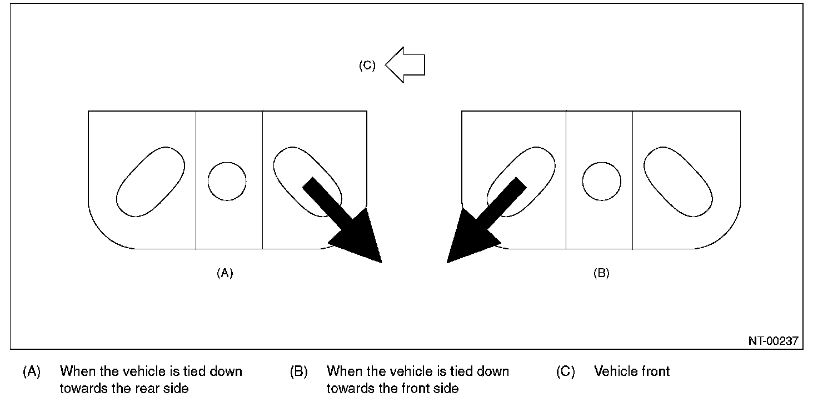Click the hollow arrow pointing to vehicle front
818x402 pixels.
click(405, 65)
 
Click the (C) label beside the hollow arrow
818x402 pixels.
click(367, 66)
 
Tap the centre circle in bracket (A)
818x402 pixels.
click(227, 182)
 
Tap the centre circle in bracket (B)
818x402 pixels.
click(601, 182)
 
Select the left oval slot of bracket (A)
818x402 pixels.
click(151, 182)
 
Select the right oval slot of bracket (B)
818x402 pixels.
click(678, 182)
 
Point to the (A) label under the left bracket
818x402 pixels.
click(225, 273)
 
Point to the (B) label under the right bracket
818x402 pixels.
click(601, 273)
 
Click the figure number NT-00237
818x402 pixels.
click(773, 341)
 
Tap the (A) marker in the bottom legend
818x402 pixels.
click(32, 371)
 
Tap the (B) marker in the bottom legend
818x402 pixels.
click(299, 371)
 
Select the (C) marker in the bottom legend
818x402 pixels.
click(565, 371)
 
